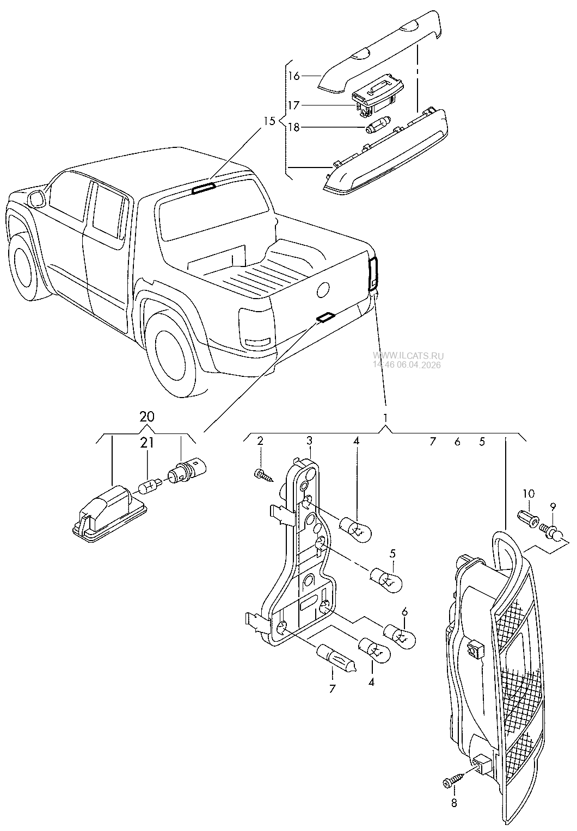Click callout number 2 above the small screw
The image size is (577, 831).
click(260, 441)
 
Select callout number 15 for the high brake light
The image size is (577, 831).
click(269, 121)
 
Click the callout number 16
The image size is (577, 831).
click(294, 76)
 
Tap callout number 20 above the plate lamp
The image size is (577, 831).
click(146, 417)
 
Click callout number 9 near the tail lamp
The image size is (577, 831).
click(553, 506)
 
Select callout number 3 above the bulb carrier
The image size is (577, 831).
click(309, 441)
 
